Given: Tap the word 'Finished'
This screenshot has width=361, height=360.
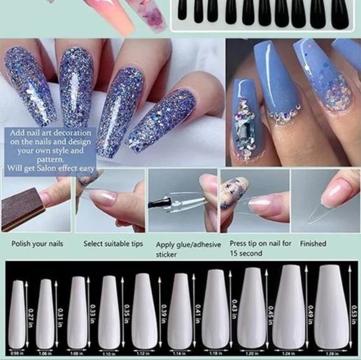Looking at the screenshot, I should (313, 244).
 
